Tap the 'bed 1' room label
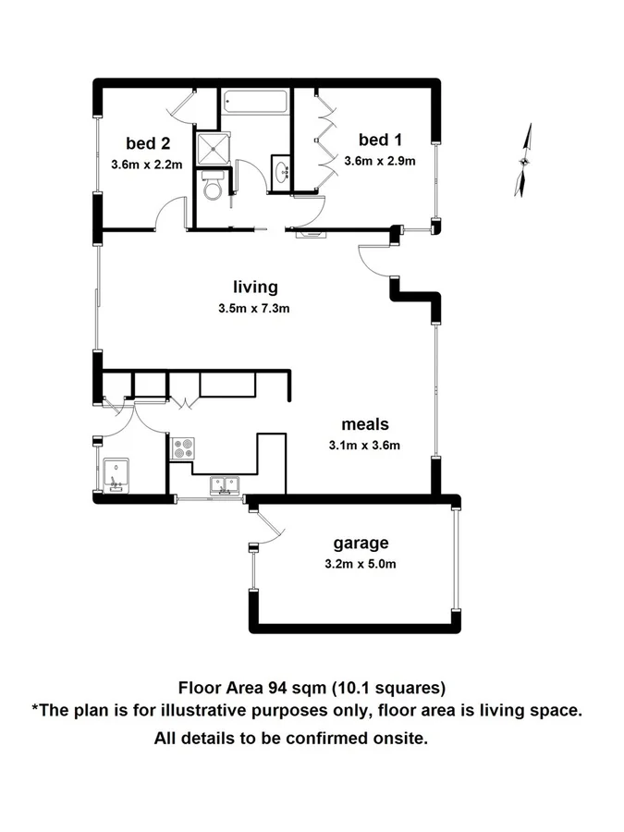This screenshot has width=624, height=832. click(380, 140)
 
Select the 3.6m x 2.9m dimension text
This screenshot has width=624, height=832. click(380, 161)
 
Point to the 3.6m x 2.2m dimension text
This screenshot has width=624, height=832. click(145, 165)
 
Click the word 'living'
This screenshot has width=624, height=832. click(254, 287)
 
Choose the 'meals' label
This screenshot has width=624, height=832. click(363, 424)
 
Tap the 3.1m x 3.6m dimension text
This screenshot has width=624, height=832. click(364, 446)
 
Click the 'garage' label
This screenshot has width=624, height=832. click(361, 543)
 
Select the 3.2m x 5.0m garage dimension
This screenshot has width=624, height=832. click(361, 564)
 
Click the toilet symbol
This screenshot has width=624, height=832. click(212, 190)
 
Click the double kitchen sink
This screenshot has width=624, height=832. click(224, 483)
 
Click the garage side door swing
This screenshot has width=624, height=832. click(264, 530)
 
